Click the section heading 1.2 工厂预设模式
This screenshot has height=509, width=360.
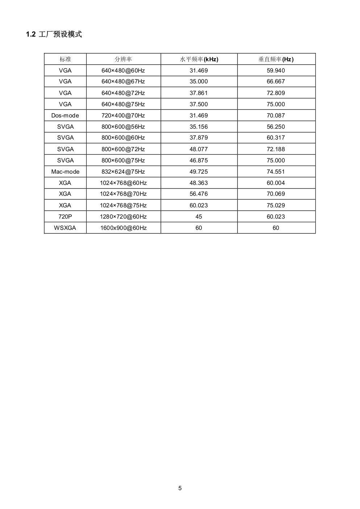coord(54,34)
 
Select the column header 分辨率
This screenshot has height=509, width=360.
coord(123,59)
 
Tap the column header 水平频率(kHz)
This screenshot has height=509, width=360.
coord(199,59)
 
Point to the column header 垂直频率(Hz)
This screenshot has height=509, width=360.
coord(276,59)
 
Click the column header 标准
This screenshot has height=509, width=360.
coord(65,59)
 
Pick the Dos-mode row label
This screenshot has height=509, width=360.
coord(65,115)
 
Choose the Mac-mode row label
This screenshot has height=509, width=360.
coord(65,171)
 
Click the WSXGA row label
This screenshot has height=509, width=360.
coord(65,228)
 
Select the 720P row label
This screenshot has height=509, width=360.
coord(65,216)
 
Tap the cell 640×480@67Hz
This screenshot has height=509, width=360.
coord(123,82)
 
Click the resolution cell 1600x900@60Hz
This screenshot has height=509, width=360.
coord(123,228)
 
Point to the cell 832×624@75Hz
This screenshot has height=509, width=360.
coord(123,171)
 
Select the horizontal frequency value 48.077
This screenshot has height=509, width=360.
coord(199,149)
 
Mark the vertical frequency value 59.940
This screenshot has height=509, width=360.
coord(276,70)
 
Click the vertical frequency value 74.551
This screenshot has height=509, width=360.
coord(276,171)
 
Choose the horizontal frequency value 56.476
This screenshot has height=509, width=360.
coord(199,194)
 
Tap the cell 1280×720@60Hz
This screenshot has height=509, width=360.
coord(123,216)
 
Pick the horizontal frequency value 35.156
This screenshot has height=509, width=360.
coord(199,127)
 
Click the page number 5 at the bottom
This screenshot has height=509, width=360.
coord(180,488)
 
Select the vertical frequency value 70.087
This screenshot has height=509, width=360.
coord(276,115)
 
